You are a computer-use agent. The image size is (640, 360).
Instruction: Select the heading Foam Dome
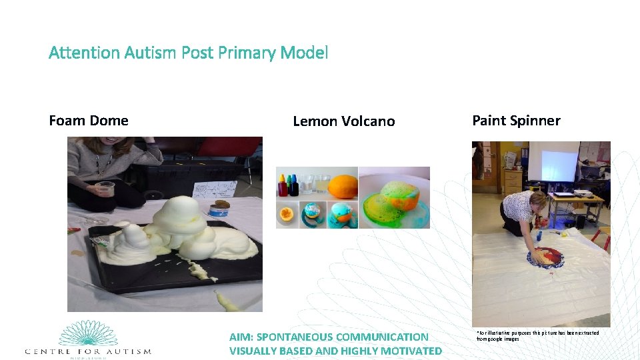[89, 121]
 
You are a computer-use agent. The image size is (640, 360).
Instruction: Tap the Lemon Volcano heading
[343, 121]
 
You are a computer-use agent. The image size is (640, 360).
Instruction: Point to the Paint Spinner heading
[516, 121]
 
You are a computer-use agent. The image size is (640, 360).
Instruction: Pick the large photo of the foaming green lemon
[394, 197]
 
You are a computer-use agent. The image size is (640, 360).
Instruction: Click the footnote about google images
[537, 335]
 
